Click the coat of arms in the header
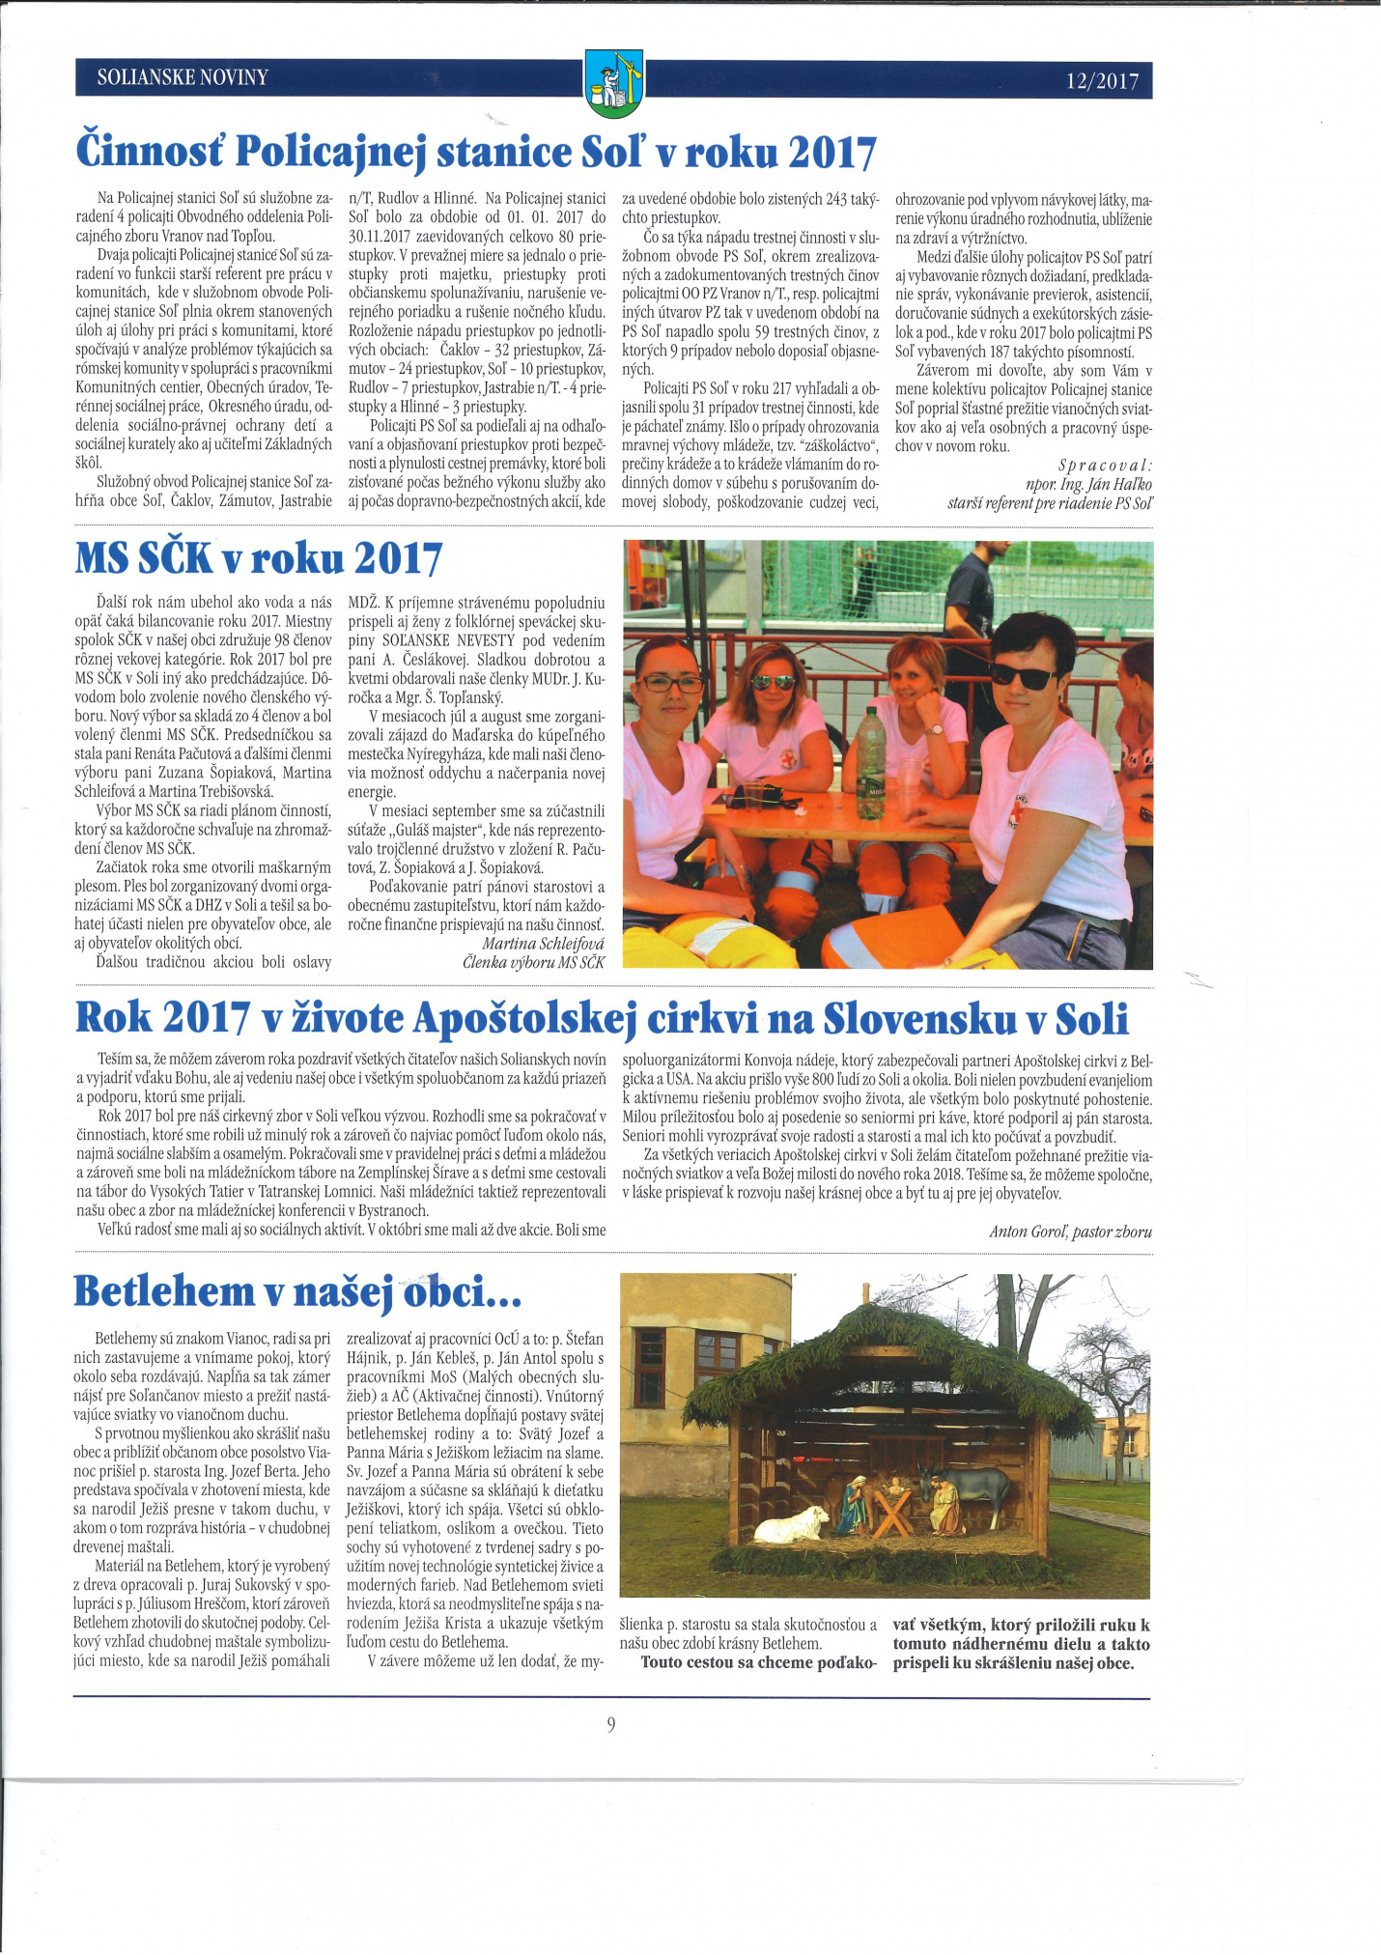coord(614,82)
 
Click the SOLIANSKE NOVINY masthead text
coord(183,77)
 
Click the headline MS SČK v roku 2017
coord(259,559)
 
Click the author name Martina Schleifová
coord(543,943)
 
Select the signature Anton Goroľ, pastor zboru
coord(1070,1232)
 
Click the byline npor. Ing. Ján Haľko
coord(1088,484)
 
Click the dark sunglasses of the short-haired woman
coord(1025,677)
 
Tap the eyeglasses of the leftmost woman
coord(672,683)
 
